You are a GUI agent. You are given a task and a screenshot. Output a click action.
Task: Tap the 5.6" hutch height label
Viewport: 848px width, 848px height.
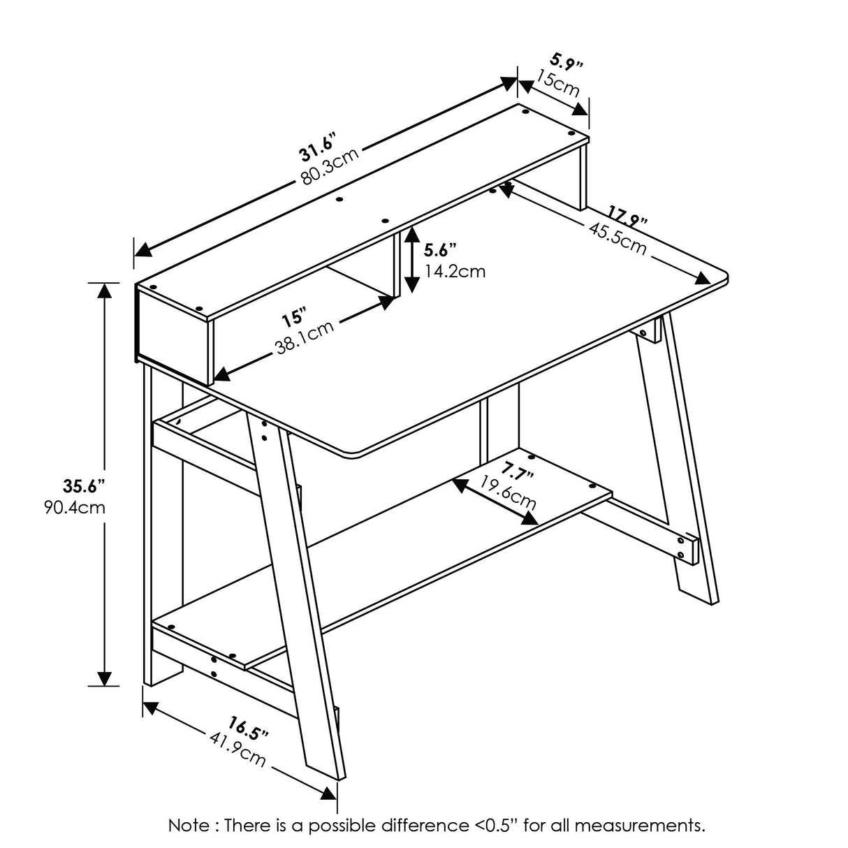pyautogui.click(x=440, y=249)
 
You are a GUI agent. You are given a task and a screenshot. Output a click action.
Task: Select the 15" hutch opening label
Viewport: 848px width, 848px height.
pyautogui.click(x=294, y=319)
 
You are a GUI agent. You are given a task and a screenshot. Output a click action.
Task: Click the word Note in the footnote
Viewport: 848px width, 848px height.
pyautogui.click(x=189, y=825)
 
